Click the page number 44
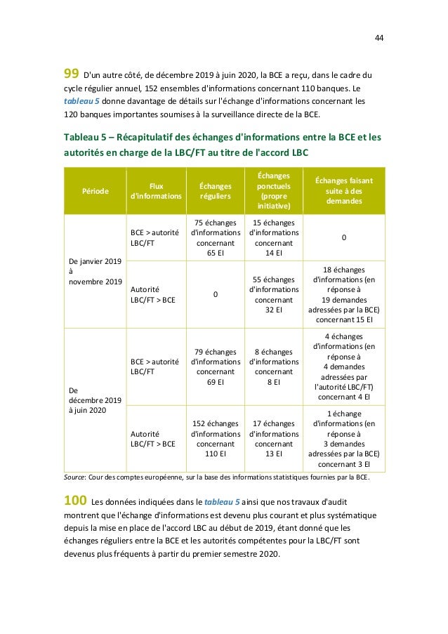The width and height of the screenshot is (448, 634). tap(378, 37)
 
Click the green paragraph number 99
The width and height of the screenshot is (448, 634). tap(71, 74)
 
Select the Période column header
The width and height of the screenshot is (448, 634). tap(94, 190)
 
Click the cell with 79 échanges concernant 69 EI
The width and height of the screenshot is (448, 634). tap(215, 366)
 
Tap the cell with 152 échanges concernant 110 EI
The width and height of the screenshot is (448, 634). tap(215, 438)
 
